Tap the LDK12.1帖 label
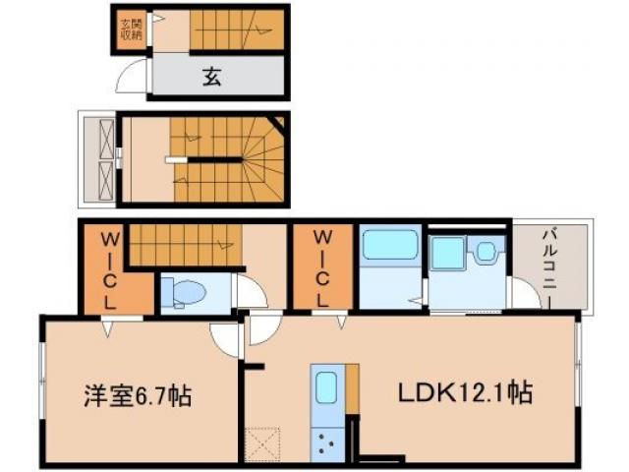pyautogui.click(x=465, y=393)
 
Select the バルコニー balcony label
pyautogui.click(x=552, y=266)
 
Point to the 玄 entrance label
pyautogui.click(x=212, y=77)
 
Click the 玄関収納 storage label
pyautogui.click(x=130, y=29)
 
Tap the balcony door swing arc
pyautogui.click(x=523, y=293)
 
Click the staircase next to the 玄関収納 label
pyautogui.click(x=237, y=29)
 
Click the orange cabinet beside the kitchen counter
pyautogui.click(x=351, y=387)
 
